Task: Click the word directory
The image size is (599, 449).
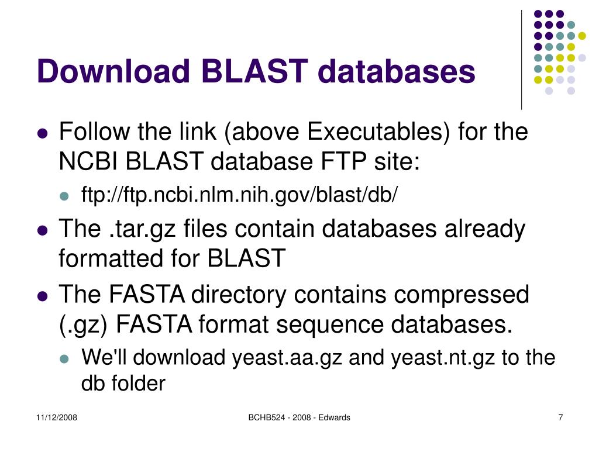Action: click(244, 294)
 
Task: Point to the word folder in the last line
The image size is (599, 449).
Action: click(137, 384)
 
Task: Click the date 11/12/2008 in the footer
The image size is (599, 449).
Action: click(57, 417)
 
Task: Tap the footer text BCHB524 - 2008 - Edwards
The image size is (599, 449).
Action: click(299, 417)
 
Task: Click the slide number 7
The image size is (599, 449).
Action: click(560, 417)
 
